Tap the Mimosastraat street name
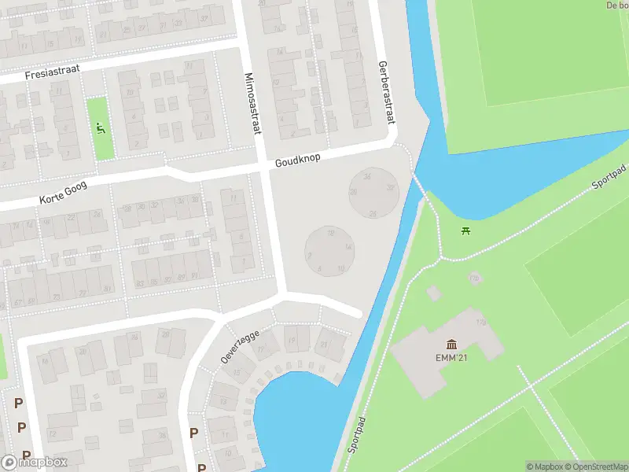[x=252, y=104]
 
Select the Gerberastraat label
[x=385, y=92]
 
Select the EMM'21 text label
[x=452, y=359]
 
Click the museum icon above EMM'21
[x=452, y=344]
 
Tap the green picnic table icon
[x=466, y=230]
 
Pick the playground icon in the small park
[x=100, y=128]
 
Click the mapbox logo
[x=35, y=463]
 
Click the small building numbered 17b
[x=474, y=278]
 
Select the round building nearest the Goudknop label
[x=373, y=192]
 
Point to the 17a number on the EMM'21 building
[x=480, y=323]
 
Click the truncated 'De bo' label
[x=617, y=5]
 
